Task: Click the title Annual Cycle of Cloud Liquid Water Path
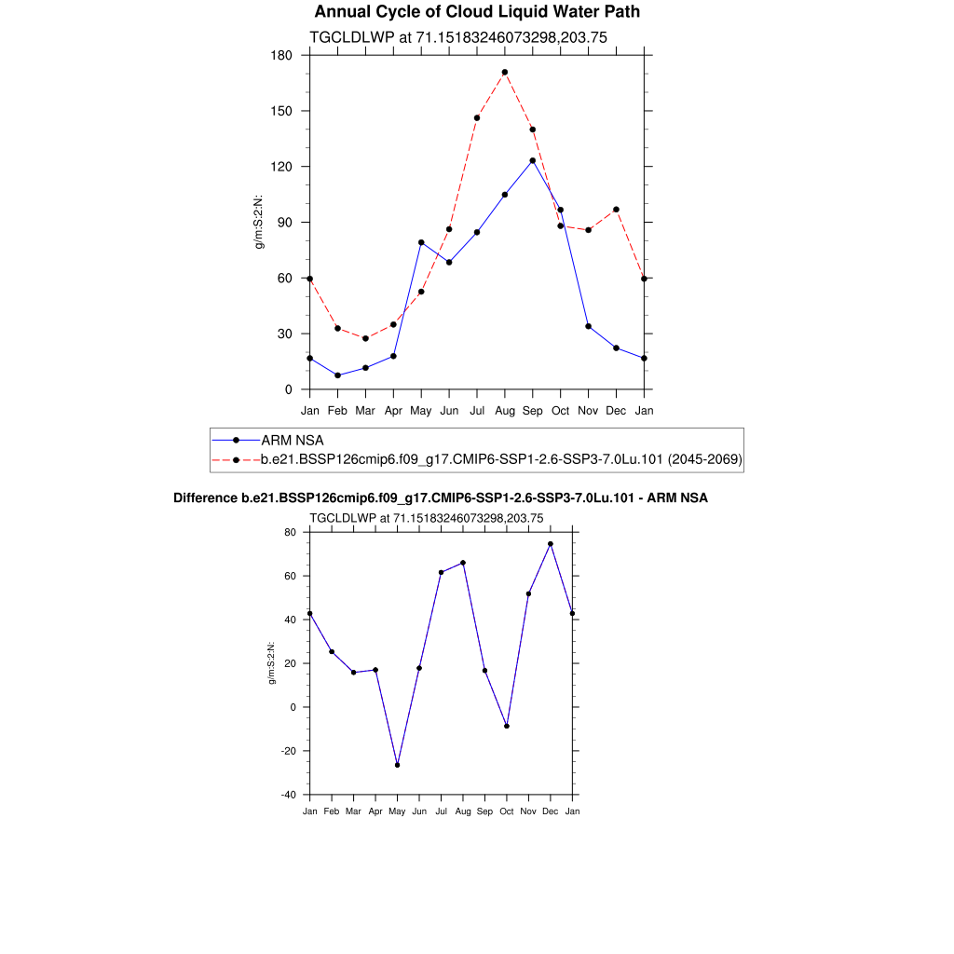[x=477, y=12]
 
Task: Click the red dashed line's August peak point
[x=505, y=72]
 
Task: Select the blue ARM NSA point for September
[x=533, y=160]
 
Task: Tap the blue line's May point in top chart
[x=421, y=242]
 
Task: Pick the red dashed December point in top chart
[x=616, y=210]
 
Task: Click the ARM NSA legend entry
[x=292, y=440]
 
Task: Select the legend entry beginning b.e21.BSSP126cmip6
[x=501, y=459]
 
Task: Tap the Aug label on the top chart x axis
[x=505, y=410]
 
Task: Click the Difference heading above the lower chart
[x=441, y=498]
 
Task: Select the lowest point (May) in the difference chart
[x=398, y=765]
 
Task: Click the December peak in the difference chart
[x=551, y=544]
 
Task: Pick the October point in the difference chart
[x=507, y=726]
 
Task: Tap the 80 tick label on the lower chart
[x=290, y=533]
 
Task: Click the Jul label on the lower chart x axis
[x=441, y=811]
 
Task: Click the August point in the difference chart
[x=463, y=563]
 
